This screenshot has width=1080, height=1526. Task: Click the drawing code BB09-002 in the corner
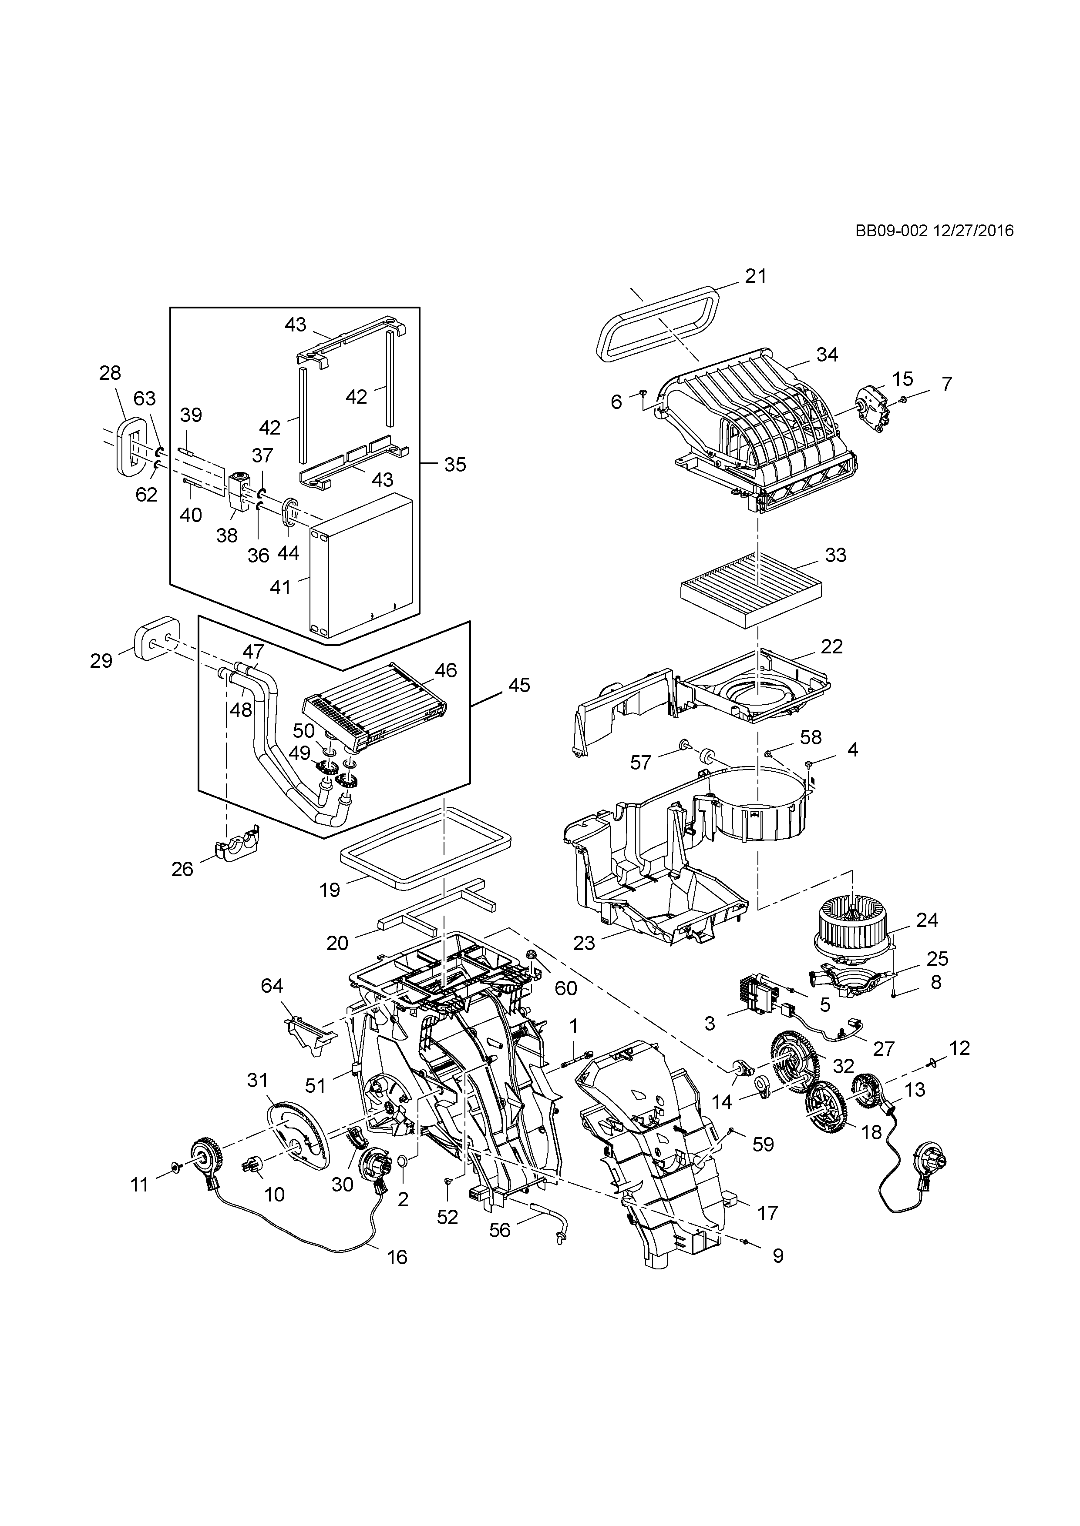(891, 231)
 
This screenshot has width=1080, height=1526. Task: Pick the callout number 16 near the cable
(397, 1257)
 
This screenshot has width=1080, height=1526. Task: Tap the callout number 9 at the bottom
(777, 1255)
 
